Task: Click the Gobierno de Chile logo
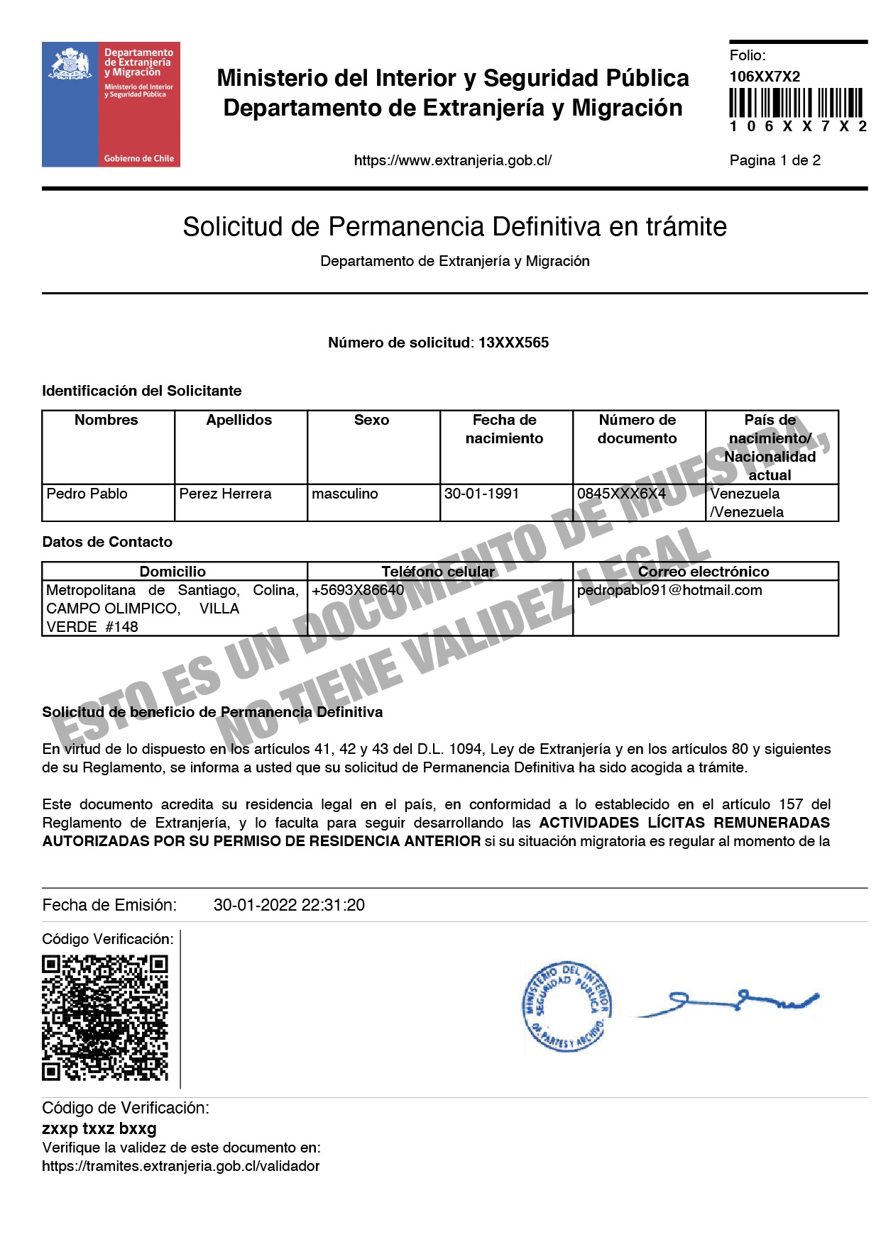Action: [111, 104]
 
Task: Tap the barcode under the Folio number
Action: [796, 103]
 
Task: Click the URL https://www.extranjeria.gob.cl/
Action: [452, 160]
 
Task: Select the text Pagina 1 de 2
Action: [775, 160]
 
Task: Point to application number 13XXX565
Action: [513, 343]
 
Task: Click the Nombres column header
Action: [106, 420]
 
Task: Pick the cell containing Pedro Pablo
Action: [87, 494]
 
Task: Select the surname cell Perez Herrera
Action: [225, 494]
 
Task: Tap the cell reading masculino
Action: [345, 494]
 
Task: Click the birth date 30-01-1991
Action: [481, 494]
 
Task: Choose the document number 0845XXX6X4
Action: [621, 494]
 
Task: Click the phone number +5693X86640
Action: [358, 590]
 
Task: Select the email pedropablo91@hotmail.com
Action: [669, 590]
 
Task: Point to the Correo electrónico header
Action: [703, 572]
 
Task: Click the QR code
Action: [105, 1017]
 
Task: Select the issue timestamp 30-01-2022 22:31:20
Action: [289, 905]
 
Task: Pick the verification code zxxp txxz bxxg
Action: [99, 1128]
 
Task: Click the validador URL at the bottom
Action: [181, 1166]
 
